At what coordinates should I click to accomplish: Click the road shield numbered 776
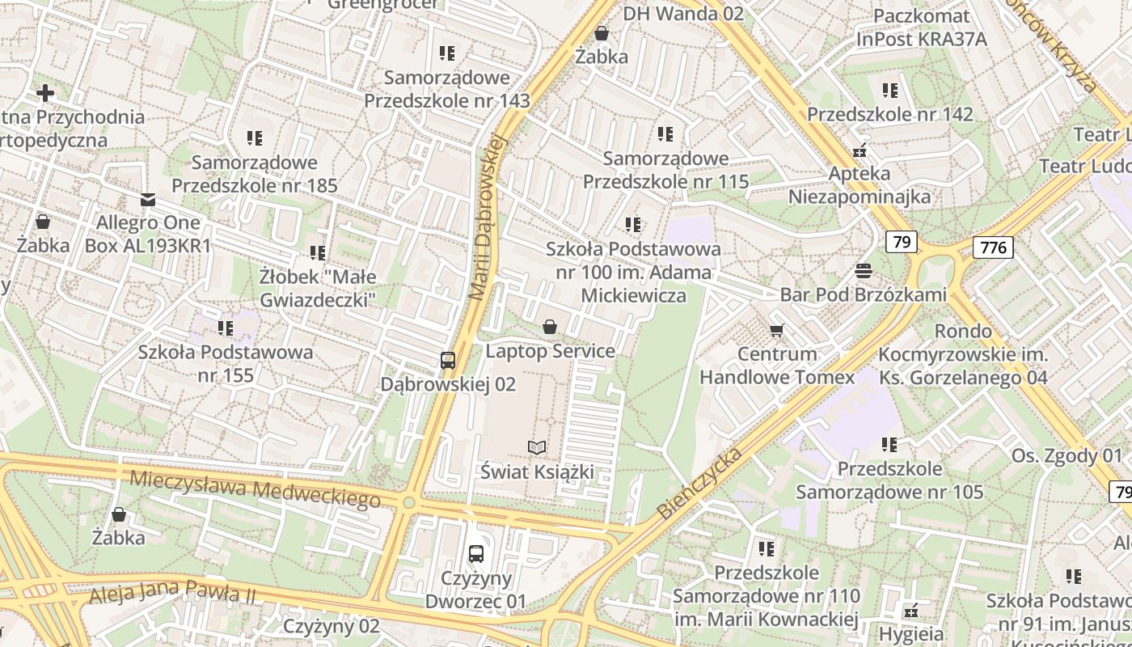[993, 247]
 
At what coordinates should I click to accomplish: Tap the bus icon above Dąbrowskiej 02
[448, 361]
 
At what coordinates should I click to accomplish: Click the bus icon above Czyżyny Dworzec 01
[476, 554]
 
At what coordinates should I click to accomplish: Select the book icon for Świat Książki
[537, 447]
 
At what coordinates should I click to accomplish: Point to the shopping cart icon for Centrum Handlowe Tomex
[777, 330]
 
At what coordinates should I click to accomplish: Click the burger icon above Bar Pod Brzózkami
[864, 270]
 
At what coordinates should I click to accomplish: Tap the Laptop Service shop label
[550, 351]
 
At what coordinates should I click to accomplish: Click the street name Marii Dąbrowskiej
[487, 218]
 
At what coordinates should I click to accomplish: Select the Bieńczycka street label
[699, 483]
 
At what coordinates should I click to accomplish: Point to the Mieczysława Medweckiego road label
[255, 487]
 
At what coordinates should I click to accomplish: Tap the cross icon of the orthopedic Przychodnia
[45, 93]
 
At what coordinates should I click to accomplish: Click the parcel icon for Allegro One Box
[148, 199]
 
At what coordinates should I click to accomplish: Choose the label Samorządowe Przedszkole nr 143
[447, 89]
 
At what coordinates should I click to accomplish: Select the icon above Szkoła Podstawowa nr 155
[226, 328]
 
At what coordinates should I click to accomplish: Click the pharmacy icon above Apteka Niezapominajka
[860, 150]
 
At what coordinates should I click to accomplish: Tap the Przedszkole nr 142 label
[890, 114]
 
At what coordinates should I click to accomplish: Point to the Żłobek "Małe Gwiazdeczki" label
[318, 288]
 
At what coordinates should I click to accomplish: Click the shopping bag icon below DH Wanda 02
[602, 33]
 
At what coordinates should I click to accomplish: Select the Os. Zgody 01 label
[1067, 455]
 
